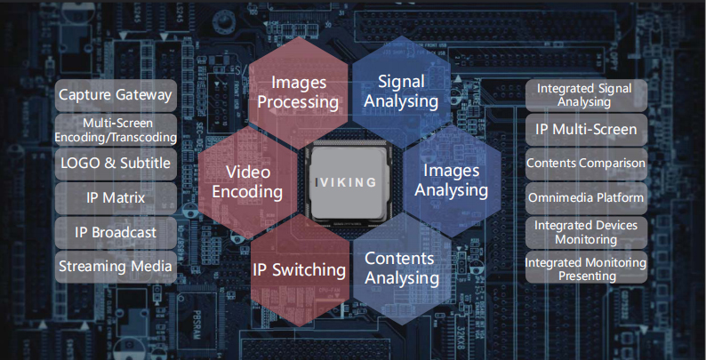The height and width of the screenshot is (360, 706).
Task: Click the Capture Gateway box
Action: pos(115,95)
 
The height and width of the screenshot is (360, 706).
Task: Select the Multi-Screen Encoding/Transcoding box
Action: pos(115,130)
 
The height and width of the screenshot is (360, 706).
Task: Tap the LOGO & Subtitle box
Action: pos(115,164)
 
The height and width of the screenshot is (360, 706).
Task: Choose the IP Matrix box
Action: pos(115,197)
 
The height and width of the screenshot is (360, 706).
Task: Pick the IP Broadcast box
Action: pos(115,232)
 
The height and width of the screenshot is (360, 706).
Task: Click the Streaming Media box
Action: pos(115,266)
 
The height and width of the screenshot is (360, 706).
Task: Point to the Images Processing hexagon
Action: pos(298,92)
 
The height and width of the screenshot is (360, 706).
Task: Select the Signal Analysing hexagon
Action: pos(401,91)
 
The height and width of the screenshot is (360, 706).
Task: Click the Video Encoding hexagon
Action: pos(253,180)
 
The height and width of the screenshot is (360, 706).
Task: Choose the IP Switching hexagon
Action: pos(298,269)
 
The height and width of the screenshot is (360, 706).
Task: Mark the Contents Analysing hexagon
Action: pos(401,268)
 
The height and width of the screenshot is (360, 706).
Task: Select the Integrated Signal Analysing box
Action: pos(585,95)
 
